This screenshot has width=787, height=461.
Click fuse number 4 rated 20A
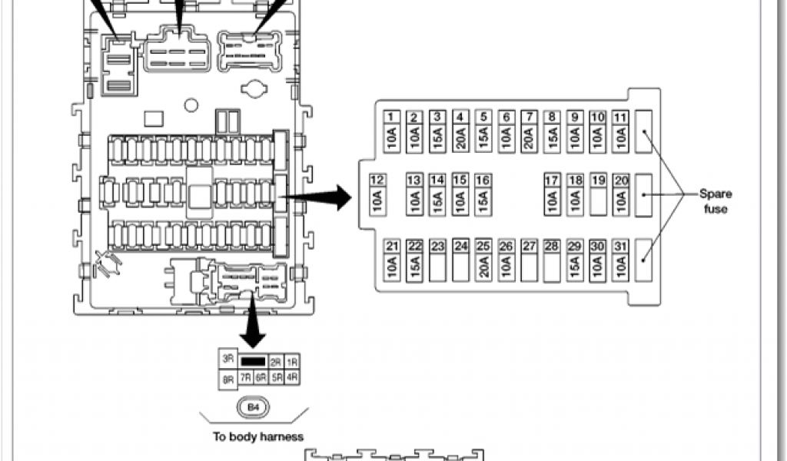[x=460, y=131]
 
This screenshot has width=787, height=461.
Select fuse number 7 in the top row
[x=529, y=131]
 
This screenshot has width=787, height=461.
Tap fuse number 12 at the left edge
[x=377, y=195]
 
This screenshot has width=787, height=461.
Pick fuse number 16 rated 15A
[x=483, y=195]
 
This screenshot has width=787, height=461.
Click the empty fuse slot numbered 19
[x=599, y=195]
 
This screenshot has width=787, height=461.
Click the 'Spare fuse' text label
[x=715, y=201]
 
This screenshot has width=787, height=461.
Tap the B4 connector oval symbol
[x=253, y=407]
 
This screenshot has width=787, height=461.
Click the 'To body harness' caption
[x=257, y=437]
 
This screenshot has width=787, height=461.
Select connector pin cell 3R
[x=228, y=359]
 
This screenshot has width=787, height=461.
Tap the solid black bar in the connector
[x=253, y=360]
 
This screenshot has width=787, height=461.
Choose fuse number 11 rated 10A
[x=622, y=131]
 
